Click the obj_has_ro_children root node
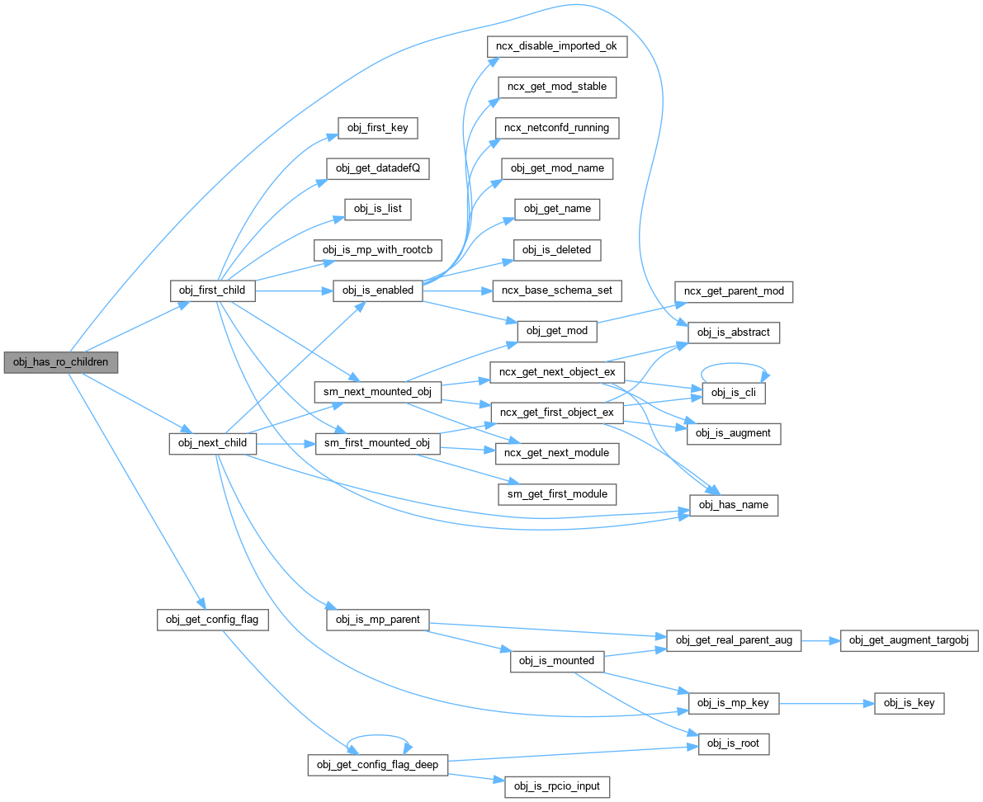pyautogui.click(x=60, y=362)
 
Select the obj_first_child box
pyautogui.click(x=212, y=290)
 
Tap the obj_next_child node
pyautogui.click(x=212, y=443)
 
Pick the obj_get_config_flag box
pyautogui.click(x=213, y=620)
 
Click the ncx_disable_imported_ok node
pyautogui.click(x=562, y=46)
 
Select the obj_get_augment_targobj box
pyautogui.click(x=909, y=640)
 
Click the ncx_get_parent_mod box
pyautogui.click(x=734, y=292)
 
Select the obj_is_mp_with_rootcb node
pyautogui.click(x=378, y=249)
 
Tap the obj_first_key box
pyautogui.click(x=378, y=128)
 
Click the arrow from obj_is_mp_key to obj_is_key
pyautogui.click(x=826, y=703)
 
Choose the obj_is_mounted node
pyautogui.click(x=557, y=661)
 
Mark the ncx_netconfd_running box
pyautogui.click(x=557, y=128)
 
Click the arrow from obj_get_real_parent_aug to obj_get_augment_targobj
pyautogui.click(x=820, y=640)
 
